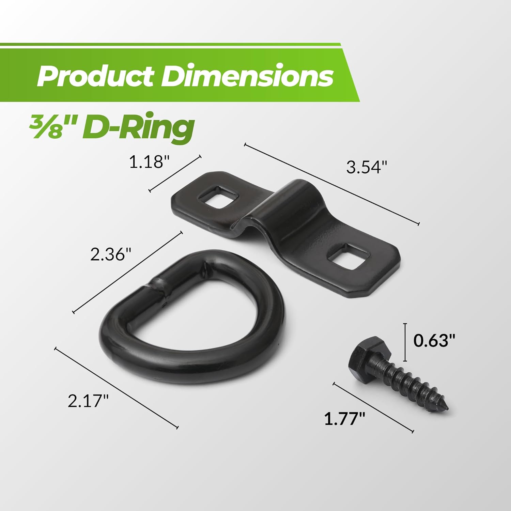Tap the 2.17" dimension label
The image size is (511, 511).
point(88,401)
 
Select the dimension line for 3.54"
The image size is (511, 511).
point(331,184)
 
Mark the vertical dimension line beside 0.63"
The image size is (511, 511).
point(405,342)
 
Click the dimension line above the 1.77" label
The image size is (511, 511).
point(373,408)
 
